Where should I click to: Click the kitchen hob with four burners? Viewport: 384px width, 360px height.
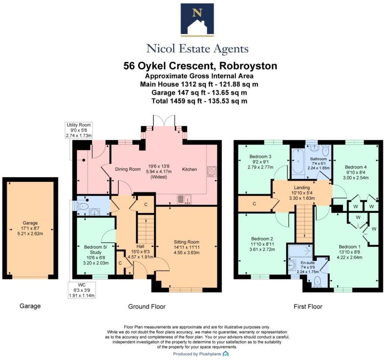point(212,171)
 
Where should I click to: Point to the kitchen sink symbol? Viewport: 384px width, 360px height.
point(185,199)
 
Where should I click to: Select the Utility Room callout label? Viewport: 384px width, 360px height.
point(78,130)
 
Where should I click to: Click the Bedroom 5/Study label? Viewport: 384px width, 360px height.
point(96,250)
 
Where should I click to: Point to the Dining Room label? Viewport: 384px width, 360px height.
point(127,169)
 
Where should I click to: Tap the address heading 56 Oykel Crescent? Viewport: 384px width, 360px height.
point(200,66)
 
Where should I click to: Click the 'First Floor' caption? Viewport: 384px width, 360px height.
point(307,307)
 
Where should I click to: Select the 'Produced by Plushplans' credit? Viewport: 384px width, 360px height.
point(200,354)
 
